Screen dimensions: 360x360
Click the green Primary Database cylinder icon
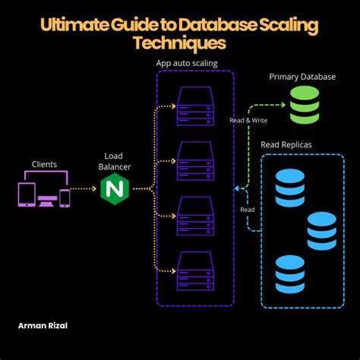[304, 104]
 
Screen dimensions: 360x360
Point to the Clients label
[44, 164]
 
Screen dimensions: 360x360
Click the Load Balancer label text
[113, 161]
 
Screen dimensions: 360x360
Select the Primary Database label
[302, 77]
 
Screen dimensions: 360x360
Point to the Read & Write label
[248, 120]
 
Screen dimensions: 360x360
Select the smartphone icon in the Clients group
[65, 197]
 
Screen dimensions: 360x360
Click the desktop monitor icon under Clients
[46, 194]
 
